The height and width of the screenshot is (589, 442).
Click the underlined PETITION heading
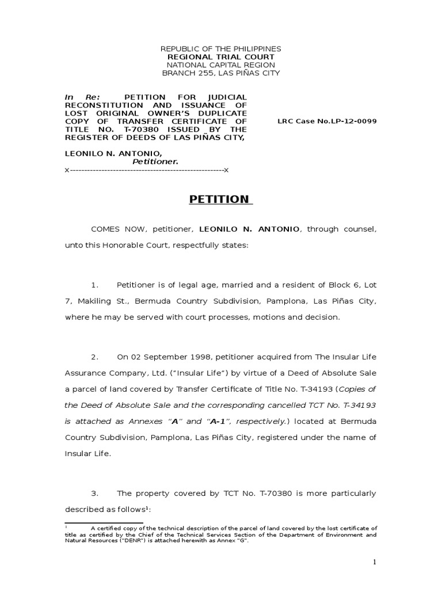pos(220,200)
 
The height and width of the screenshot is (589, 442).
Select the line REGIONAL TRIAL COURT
pos(220,58)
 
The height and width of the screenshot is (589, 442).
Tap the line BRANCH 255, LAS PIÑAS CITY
pos(220,73)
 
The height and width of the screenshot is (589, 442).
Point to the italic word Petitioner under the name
pos(155,162)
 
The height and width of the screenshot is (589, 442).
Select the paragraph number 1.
pos(96,285)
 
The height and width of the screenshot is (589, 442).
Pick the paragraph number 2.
pos(96,357)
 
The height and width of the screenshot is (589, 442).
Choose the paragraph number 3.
pos(96,477)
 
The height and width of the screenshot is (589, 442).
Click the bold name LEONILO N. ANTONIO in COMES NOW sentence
pos(249,229)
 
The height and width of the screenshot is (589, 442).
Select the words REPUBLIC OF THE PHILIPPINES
pos(220,49)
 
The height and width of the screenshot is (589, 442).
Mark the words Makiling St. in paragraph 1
pos(97,301)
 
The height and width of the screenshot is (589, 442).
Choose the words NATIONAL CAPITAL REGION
pos(220,65)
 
